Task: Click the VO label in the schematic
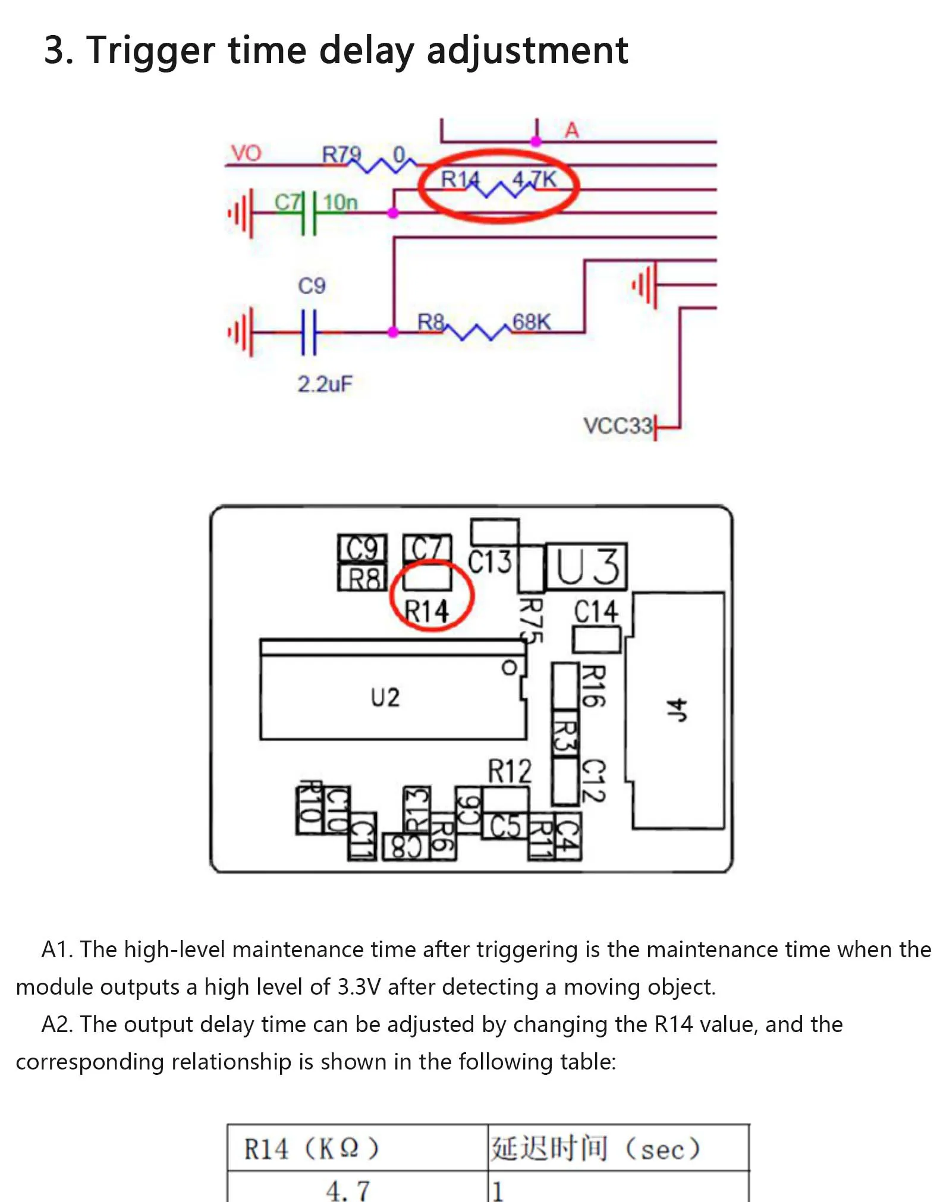[x=246, y=153]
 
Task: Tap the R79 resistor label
[x=341, y=154]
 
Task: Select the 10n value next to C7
[x=340, y=203]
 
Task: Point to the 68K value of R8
[x=531, y=322]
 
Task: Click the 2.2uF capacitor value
[x=325, y=384]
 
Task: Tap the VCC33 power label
[x=617, y=425]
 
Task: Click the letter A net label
[x=571, y=130]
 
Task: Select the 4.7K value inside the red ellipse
[x=535, y=179]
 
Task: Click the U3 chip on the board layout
[x=586, y=566]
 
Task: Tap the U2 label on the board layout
[x=385, y=697]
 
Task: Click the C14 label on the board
[x=596, y=611]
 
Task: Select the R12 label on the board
[x=510, y=771]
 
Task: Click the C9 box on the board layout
[x=362, y=548]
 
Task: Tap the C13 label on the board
[x=489, y=561]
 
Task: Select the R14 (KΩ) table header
[x=311, y=1148]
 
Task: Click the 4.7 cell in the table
[x=347, y=1190]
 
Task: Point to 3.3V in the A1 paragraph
[x=359, y=987]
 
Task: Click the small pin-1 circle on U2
[x=509, y=668]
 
